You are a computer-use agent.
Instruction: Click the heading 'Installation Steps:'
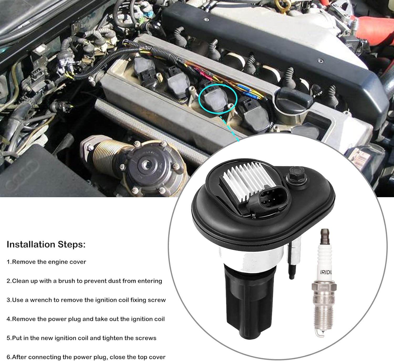pyautogui.click(x=46, y=245)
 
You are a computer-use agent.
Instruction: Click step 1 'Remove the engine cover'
pyautogui.click(x=46, y=262)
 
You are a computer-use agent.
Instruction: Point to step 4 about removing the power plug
pyautogui.click(x=86, y=319)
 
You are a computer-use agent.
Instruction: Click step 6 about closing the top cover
pyautogui.click(x=86, y=357)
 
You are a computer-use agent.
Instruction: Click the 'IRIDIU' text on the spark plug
pyautogui.click(x=326, y=272)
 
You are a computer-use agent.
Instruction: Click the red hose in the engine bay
pyautogui.click(x=373, y=26)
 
